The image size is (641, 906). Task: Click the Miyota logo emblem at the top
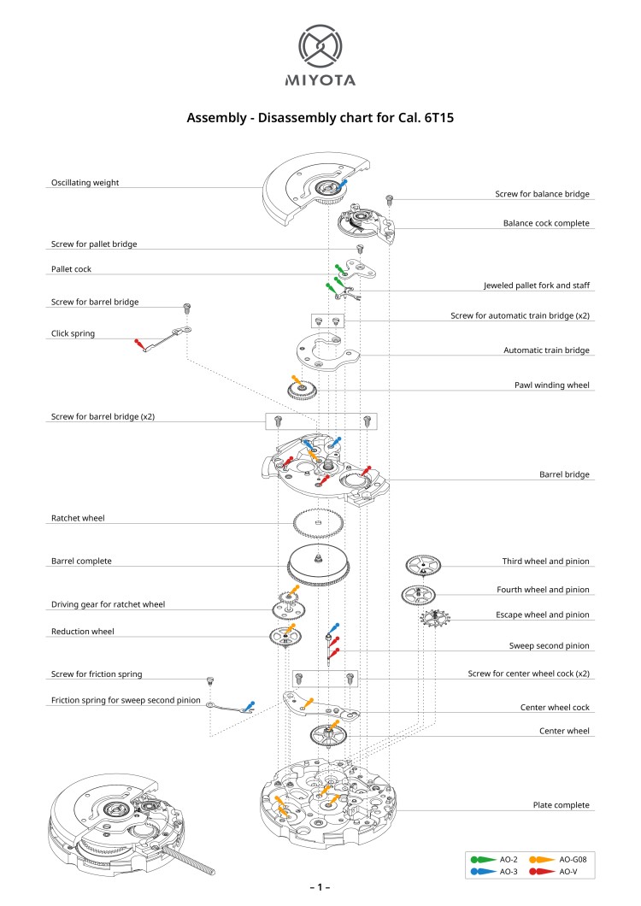pos(320,46)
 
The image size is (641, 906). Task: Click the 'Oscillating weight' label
pos(85,183)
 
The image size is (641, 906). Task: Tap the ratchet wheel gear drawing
pos(318,521)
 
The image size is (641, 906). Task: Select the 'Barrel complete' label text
pos(81,562)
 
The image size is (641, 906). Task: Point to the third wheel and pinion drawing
pos(423,565)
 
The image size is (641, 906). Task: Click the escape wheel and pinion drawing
pos(434,618)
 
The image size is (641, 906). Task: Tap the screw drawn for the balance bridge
pos(391,199)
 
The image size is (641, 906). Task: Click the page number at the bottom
pos(320,888)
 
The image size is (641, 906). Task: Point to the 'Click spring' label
pos(73,333)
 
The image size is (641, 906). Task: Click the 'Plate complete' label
pos(561,805)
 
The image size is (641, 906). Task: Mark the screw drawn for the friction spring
pos(208,681)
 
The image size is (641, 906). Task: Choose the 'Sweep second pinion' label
pos(549,646)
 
